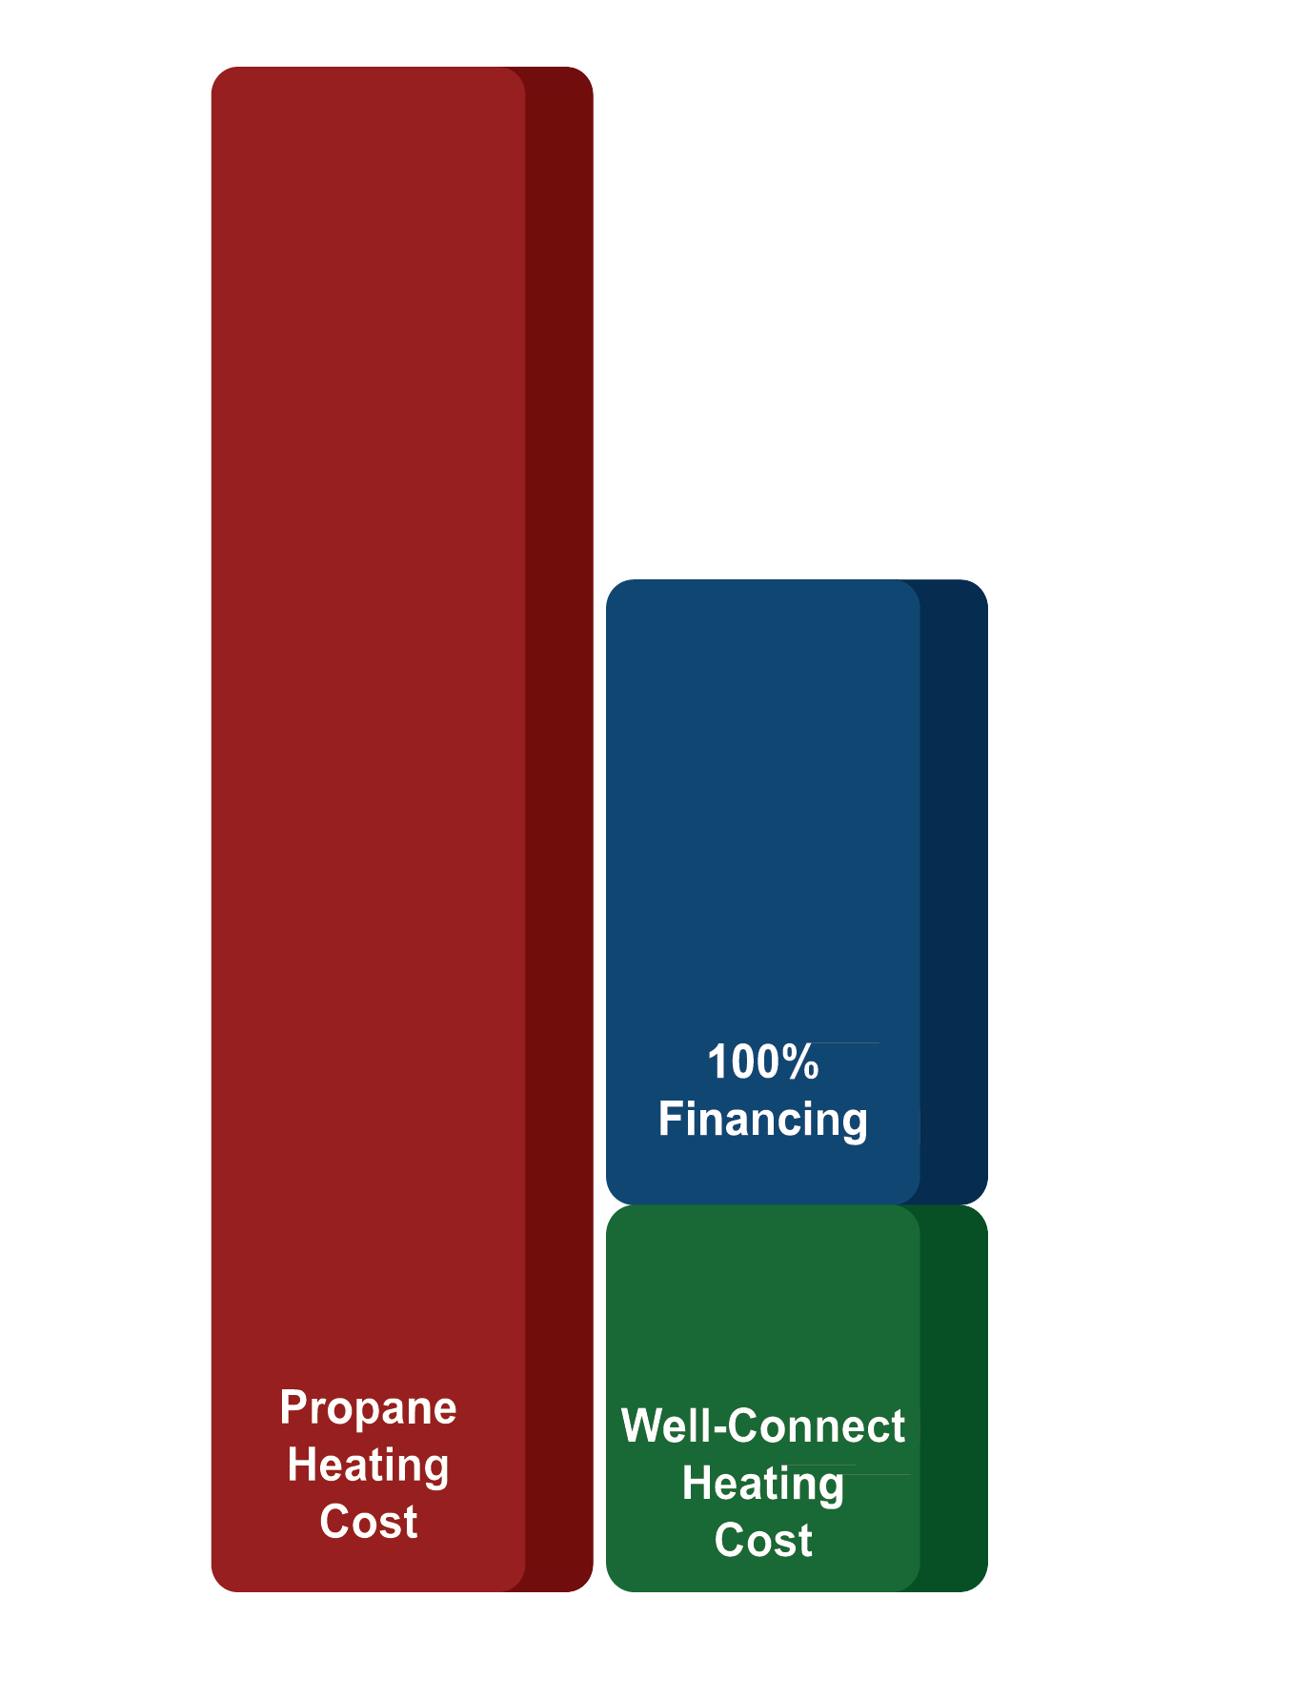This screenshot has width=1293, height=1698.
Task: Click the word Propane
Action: point(368,1408)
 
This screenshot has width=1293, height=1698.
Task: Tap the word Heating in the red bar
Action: point(368,1465)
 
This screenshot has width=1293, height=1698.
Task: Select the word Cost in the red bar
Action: point(368,1522)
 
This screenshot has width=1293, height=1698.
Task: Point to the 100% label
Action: point(762,1062)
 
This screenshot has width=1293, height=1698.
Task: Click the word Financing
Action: point(762,1119)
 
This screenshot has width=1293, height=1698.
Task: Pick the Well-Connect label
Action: point(762,1426)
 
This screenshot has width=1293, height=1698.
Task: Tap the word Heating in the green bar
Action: point(762,1484)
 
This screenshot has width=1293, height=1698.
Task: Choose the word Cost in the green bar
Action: point(762,1541)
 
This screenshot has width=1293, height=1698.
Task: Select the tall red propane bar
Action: point(368,762)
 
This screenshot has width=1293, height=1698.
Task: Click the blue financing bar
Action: point(762,810)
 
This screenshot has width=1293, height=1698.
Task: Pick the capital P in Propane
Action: point(293,1408)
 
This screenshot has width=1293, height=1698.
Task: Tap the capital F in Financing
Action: point(670,1119)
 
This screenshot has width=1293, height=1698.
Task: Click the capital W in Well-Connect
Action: point(641,1426)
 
